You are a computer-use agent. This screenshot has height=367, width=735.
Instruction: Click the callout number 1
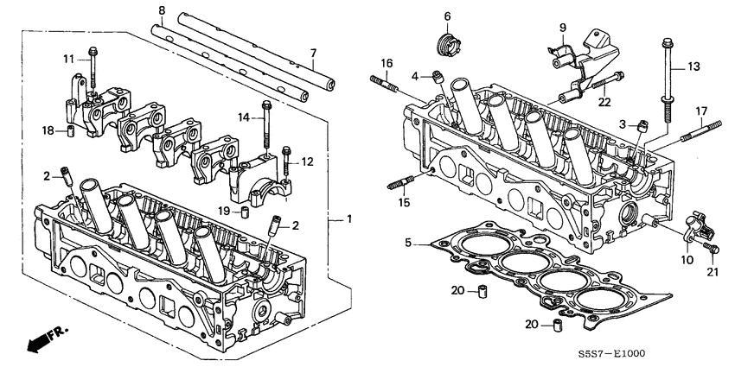(x=348, y=219)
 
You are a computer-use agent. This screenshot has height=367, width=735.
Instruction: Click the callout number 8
(x=162, y=10)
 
